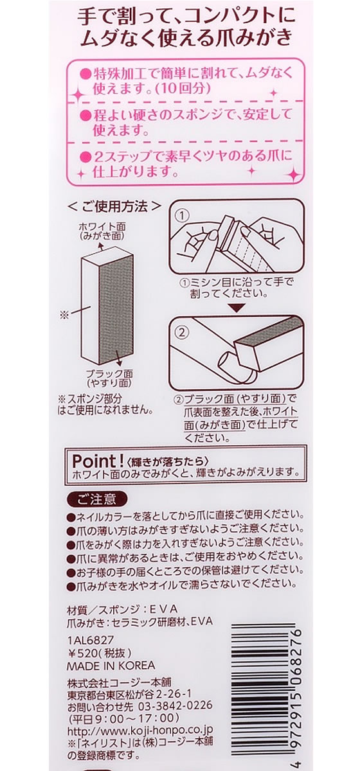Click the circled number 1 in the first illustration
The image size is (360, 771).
pos(183,216)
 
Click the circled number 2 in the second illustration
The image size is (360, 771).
pos(182,332)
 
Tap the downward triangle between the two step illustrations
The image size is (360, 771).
pos(236,307)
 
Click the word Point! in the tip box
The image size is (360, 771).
pos(97,461)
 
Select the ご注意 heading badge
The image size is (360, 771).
pos(96,499)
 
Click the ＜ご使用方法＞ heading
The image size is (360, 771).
pos(114,206)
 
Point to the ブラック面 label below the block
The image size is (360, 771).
pos(109,373)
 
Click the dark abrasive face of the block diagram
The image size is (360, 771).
pos(116,309)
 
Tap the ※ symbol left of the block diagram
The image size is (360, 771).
pos(64,315)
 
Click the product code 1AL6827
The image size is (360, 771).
pos(90,639)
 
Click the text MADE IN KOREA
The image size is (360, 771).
pos(111,666)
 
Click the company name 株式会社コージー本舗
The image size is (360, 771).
pos(119,682)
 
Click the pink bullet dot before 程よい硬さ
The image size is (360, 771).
pos(85,114)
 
